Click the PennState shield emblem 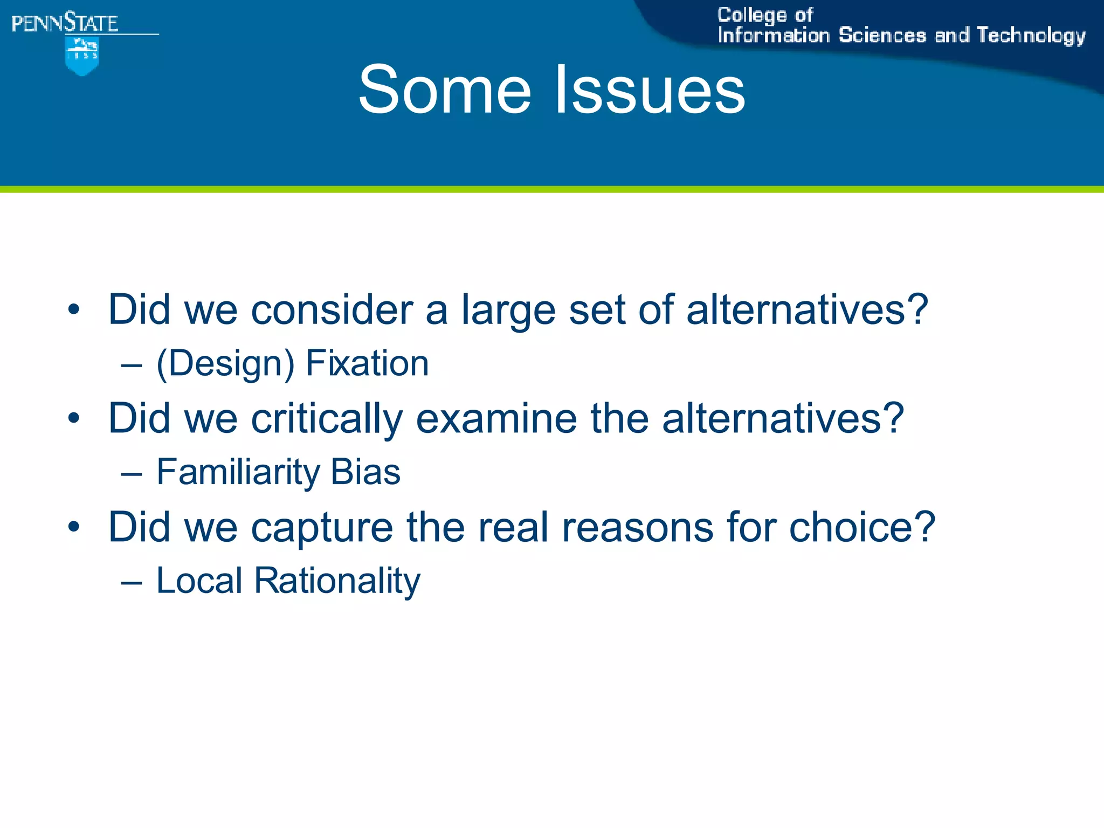82,56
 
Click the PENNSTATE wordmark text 65,24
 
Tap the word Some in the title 444,89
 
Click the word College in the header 751,16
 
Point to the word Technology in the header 1031,36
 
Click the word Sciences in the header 882,36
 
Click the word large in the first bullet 508,312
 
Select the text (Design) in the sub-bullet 225,364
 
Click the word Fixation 367,363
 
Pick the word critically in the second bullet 327,419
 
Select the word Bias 365,472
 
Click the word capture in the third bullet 322,528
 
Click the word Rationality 337,581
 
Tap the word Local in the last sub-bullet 199,581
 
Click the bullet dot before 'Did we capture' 74,527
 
